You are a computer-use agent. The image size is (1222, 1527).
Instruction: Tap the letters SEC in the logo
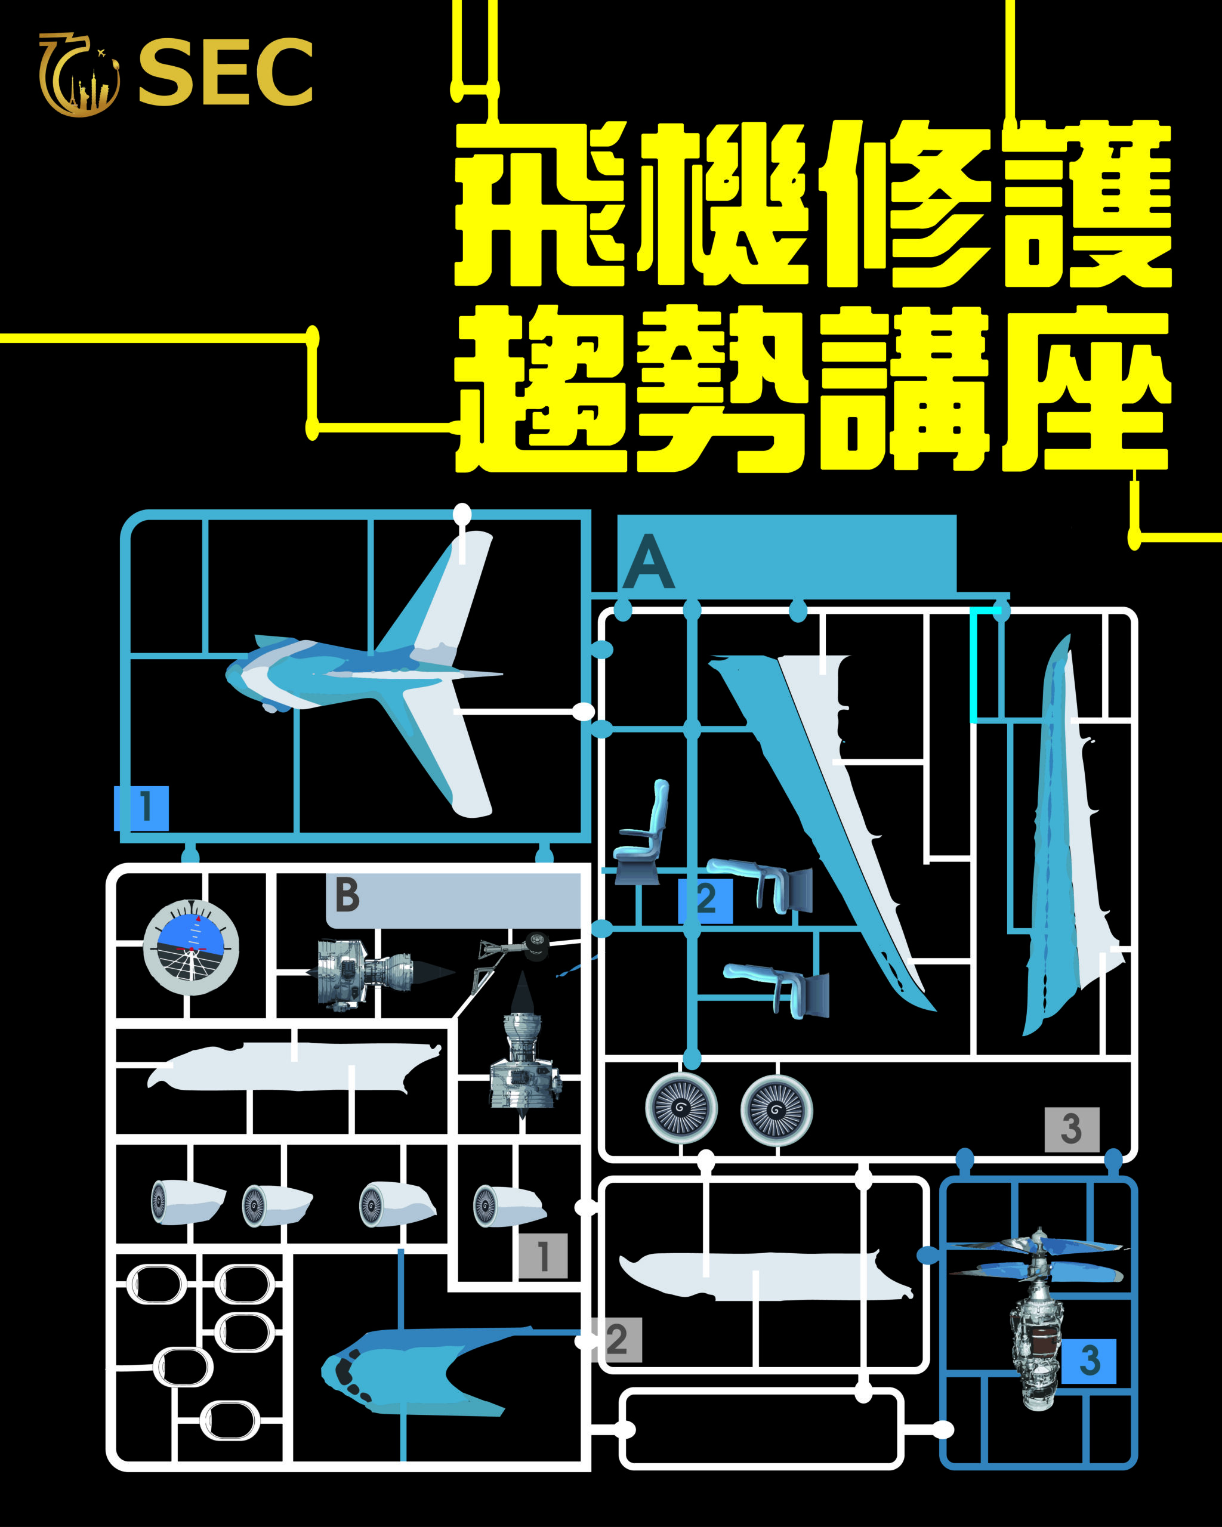click(x=226, y=73)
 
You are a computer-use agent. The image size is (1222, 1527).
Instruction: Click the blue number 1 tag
click(x=141, y=808)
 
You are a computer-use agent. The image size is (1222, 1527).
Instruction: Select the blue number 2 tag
click(x=705, y=900)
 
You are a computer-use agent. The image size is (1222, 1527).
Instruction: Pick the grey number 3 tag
click(x=1072, y=1129)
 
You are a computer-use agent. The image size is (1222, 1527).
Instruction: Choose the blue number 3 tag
click(x=1090, y=1361)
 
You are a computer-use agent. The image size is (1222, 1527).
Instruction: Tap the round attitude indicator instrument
click(x=192, y=947)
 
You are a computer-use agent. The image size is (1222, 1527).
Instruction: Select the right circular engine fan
click(x=776, y=1110)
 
